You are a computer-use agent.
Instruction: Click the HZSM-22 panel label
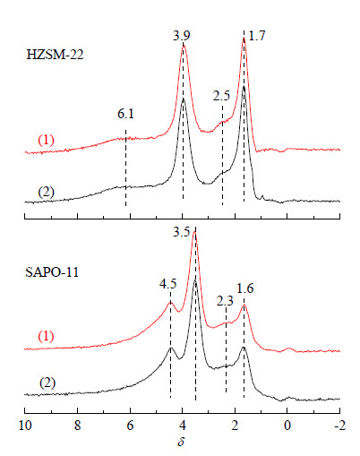click(x=55, y=55)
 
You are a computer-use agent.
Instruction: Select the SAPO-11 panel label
click(x=52, y=272)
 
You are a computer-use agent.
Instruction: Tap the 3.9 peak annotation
click(x=181, y=36)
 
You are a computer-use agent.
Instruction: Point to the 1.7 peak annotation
click(x=257, y=36)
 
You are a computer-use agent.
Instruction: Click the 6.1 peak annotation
click(x=125, y=114)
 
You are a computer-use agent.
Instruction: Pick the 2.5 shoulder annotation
click(x=221, y=96)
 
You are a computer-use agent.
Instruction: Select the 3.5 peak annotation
click(x=181, y=232)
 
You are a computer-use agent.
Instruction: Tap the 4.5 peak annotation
click(x=167, y=284)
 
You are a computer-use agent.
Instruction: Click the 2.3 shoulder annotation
click(x=225, y=301)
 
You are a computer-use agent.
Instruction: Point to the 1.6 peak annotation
click(x=245, y=288)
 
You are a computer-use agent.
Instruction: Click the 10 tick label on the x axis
click(x=25, y=426)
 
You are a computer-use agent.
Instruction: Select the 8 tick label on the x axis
click(x=77, y=426)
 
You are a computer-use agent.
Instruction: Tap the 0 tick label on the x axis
click(x=287, y=426)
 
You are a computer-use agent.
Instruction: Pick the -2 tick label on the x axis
click(x=339, y=426)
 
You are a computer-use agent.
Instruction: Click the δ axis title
click(x=181, y=442)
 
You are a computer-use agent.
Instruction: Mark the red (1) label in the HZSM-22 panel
click(x=46, y=140)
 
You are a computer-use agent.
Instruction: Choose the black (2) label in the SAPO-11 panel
click(x=47, y=383)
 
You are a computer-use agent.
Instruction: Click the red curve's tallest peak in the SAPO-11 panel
click(x=194, y=233)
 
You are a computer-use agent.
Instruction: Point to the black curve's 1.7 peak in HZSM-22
click(x=244, y=86)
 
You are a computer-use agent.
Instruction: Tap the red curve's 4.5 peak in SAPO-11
click(x=170, y=303)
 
